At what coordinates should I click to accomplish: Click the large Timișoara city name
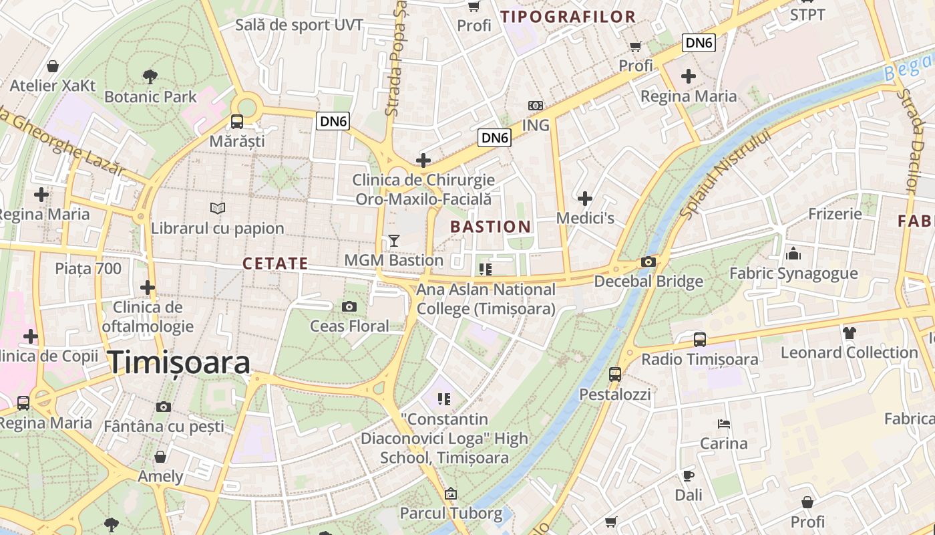coord(179,362)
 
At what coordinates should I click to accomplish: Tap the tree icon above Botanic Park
coord(150,76)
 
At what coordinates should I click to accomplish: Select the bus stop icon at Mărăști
coord(236,121)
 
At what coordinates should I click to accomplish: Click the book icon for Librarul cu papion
coord(218,208)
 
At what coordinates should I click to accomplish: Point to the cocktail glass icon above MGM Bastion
coord(394,241)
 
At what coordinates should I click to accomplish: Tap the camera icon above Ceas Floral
coord(349,307)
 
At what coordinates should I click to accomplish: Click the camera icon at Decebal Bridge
coord(648,261)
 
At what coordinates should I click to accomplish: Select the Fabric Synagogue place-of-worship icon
coord(793,253)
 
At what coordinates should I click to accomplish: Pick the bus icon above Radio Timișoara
coord(699,339)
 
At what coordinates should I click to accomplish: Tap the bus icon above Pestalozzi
coord(614,374)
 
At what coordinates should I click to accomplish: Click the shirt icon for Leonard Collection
coord(849,332)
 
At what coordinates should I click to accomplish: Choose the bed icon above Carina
coord(723,423)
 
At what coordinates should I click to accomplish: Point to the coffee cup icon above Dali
coord(689,475)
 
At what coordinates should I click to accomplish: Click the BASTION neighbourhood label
coord(490,227)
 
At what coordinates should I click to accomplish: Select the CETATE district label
coord(275,263)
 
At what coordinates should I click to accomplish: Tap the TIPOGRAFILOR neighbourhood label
coord(568,17)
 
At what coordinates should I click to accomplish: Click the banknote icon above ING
coord(535,106)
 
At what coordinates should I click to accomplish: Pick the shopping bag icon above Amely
coord(160,457)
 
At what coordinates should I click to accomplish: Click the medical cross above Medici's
coord(585,199)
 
